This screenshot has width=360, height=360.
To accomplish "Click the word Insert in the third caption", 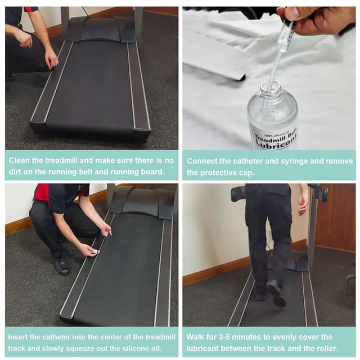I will pos(20,337).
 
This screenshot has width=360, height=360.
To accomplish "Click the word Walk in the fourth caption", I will pos(196,337).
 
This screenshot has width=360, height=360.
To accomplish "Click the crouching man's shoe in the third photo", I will pos(61,264).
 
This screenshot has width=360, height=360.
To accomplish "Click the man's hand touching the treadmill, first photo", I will pos(52,60).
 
